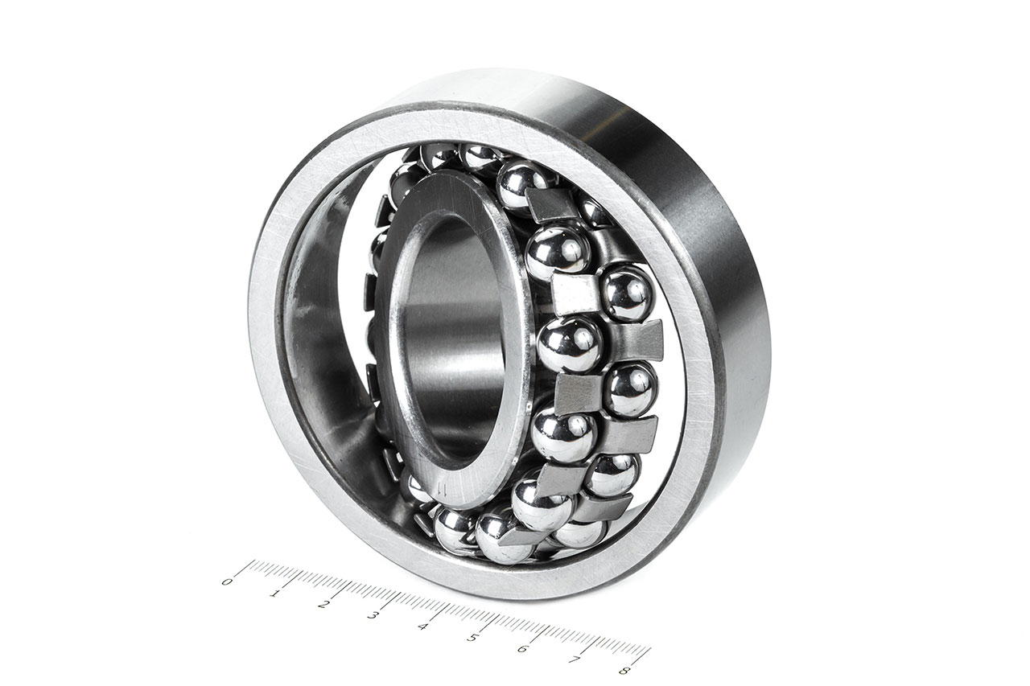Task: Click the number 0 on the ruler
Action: click(228, 581)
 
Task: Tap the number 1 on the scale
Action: click(275, 594)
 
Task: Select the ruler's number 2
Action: click(323, 604)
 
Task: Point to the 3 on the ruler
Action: click(373, 615)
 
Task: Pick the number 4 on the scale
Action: click(422, 626)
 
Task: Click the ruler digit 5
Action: click(472, 638)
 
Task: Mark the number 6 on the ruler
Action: click(522, 649)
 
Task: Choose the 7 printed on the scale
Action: click(573, 659)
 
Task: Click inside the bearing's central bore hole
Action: click(451, 338)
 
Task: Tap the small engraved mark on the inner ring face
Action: click(440, 488)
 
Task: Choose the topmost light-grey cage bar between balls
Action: click(551, 206)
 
